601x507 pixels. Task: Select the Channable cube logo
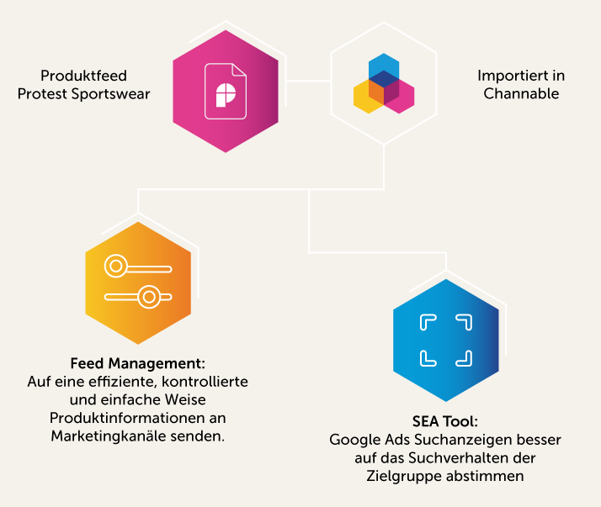coord(384,84)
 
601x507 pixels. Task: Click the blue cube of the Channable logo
coord(384,66)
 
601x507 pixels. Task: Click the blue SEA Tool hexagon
coord(446,340)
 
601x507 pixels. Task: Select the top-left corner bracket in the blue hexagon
coord(428,323)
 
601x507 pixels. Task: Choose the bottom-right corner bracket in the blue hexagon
coord(464,357)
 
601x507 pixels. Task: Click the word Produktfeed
coord(83,76)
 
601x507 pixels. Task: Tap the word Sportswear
coord(109,93)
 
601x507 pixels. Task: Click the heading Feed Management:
coord(137,364)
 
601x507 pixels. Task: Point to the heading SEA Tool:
coord(445,421)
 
